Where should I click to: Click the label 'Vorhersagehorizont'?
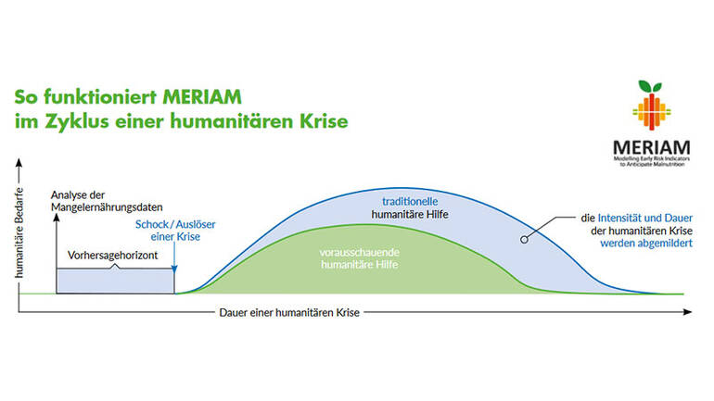[111, 255]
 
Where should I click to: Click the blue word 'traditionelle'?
[410, 201]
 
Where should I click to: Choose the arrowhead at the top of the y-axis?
[19, 165]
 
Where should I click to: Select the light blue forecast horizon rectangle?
[115, 282]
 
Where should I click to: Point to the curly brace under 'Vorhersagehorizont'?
[115, 267]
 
